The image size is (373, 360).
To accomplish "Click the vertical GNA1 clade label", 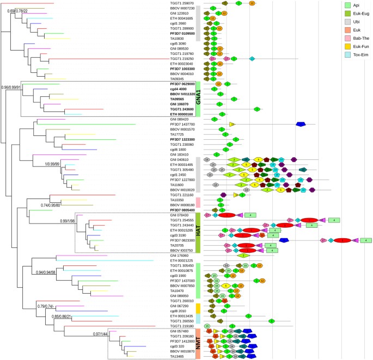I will coord(199,100).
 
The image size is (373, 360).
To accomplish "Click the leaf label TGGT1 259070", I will coord(182,3).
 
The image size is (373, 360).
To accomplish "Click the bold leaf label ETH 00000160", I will coord(182,114).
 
